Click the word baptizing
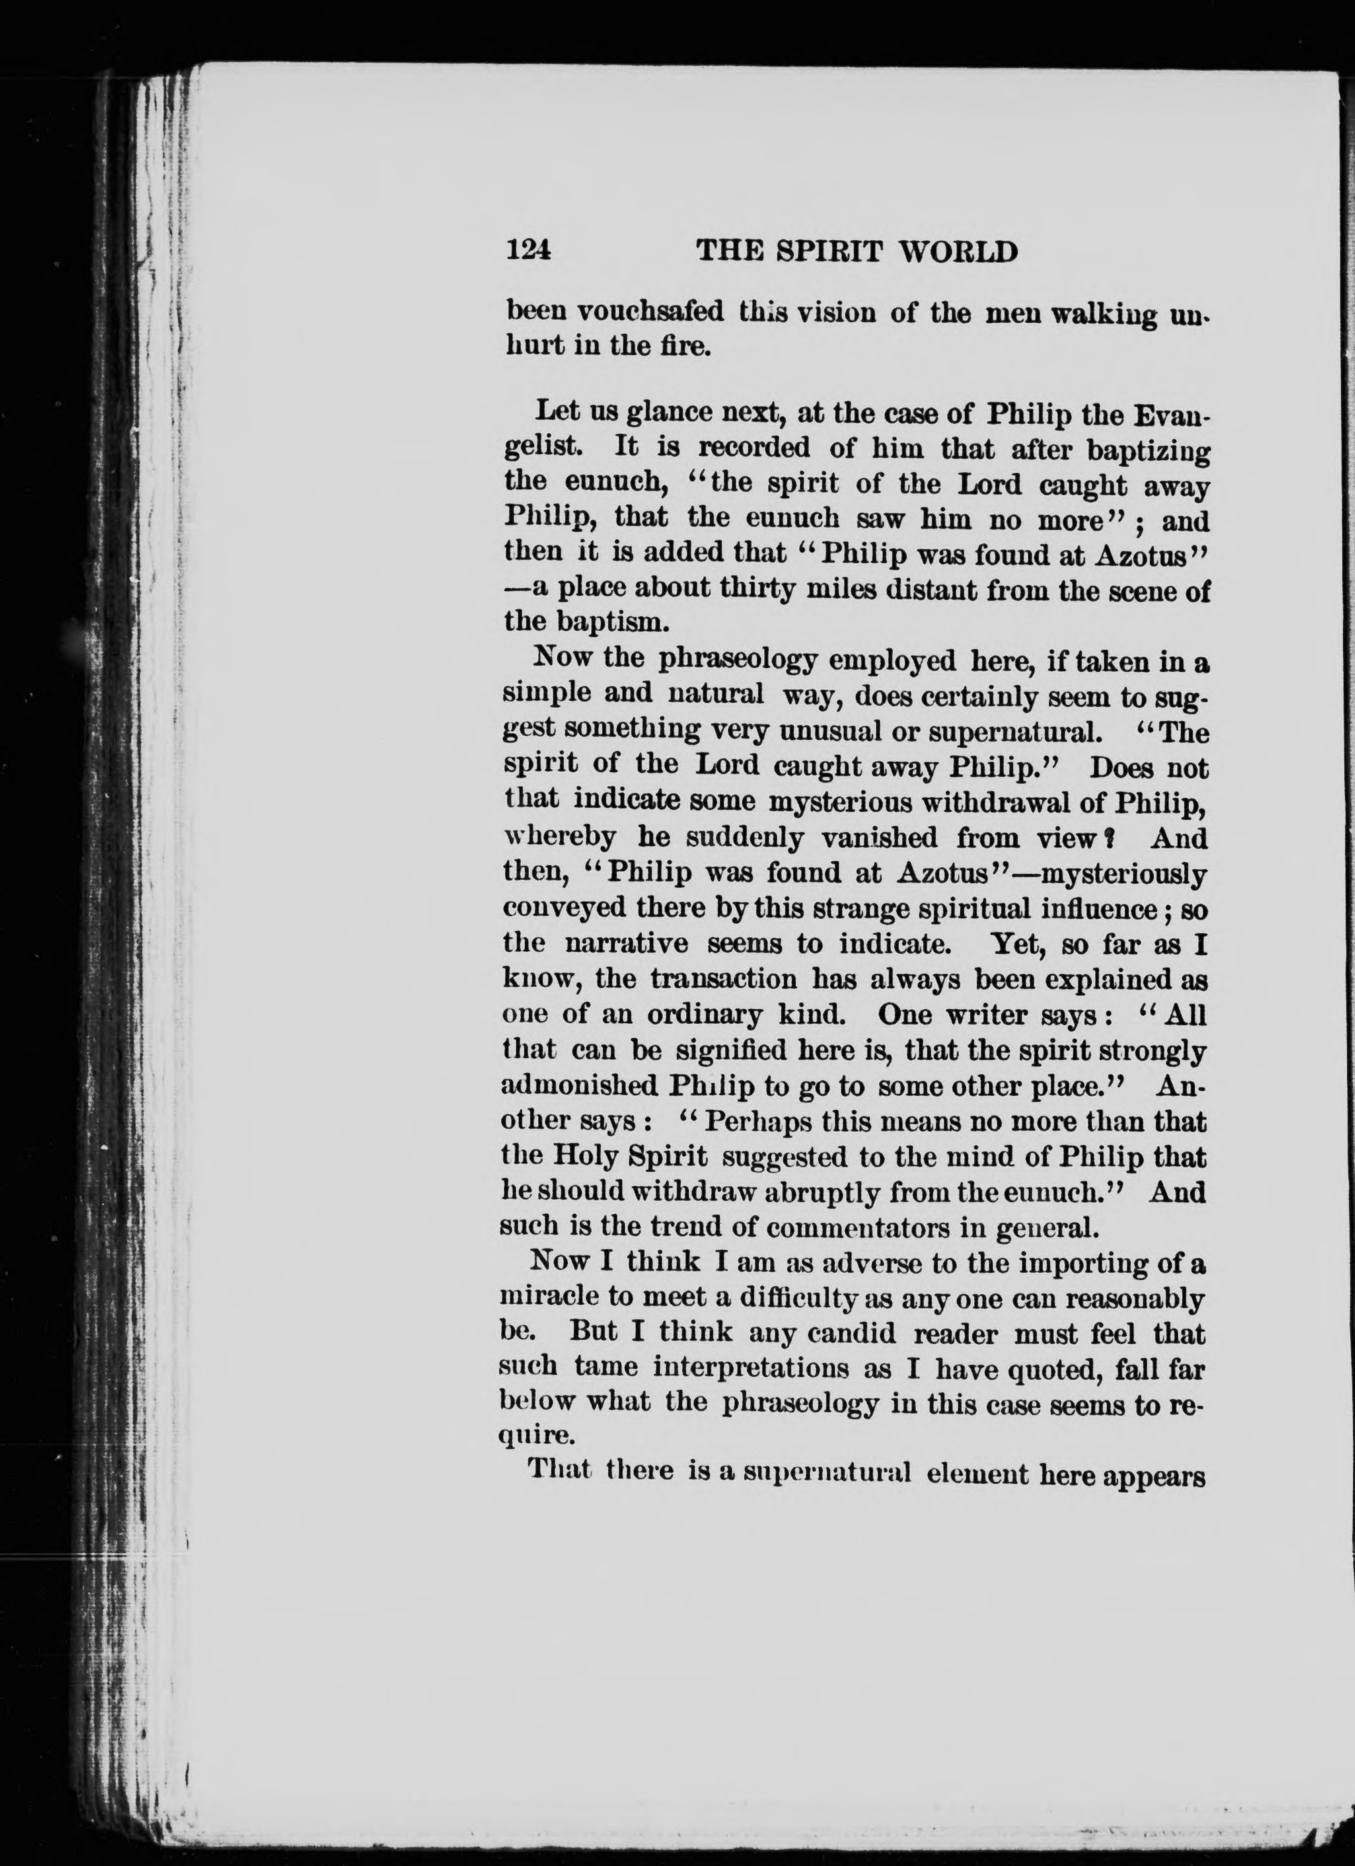click(1148, 451)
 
